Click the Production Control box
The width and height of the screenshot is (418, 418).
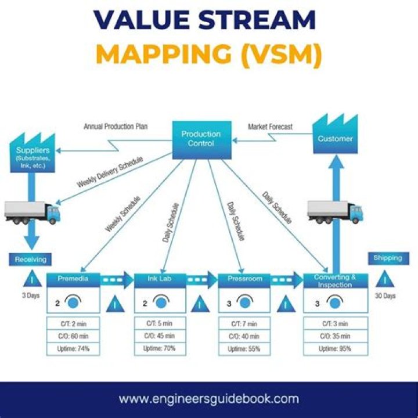tap(201, 139)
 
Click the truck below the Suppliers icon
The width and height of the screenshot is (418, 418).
tap(32, 212)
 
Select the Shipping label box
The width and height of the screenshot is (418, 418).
tap(388, 258)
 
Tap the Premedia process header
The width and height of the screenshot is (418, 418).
tap(73, 279)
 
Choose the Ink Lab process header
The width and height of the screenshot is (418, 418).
tap(160, 279)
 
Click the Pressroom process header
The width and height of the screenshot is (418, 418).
tap(244, 279)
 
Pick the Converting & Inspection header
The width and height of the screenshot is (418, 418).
tap(335, 280)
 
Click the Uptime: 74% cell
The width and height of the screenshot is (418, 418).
tap(73, 349)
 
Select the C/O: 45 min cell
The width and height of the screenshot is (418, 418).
tap(160, 336)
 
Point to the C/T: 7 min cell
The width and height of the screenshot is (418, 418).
tap(244, 323)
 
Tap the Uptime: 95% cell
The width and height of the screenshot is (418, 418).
tap(335, 349)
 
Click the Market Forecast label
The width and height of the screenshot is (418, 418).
tap(270, 127)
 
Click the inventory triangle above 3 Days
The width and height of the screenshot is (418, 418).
tap(28, 280)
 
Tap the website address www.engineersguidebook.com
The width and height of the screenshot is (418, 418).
tap(209, 399)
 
